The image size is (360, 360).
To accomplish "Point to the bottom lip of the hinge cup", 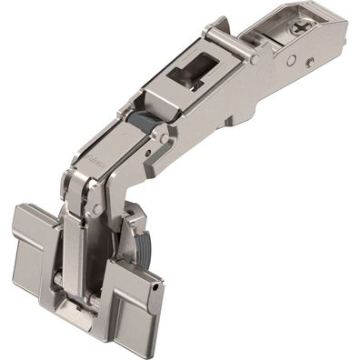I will click(82, 318).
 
